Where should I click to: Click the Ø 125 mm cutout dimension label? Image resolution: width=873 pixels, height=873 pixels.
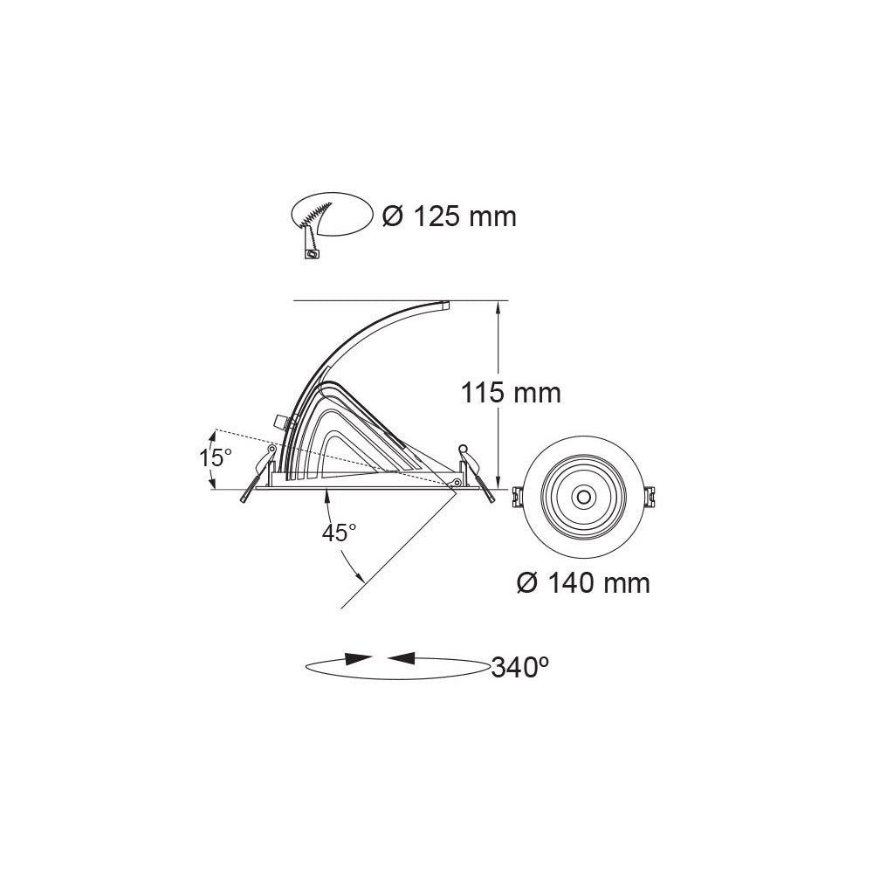[x=450, y=217]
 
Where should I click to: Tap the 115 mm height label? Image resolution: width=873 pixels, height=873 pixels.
[x=511, y=393]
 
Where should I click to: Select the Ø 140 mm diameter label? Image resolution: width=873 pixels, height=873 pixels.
[x=583, y=583]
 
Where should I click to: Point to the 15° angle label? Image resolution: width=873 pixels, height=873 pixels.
[x=216, y=457]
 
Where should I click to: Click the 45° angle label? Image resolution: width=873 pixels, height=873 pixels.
[x=339, y=533]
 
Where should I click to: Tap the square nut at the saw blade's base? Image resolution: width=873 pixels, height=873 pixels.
[x=312, y=254]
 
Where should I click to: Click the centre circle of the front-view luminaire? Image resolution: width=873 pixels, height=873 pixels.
[x=583, y=496]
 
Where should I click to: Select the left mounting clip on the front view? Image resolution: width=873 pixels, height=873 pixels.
[x=517, y=496]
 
